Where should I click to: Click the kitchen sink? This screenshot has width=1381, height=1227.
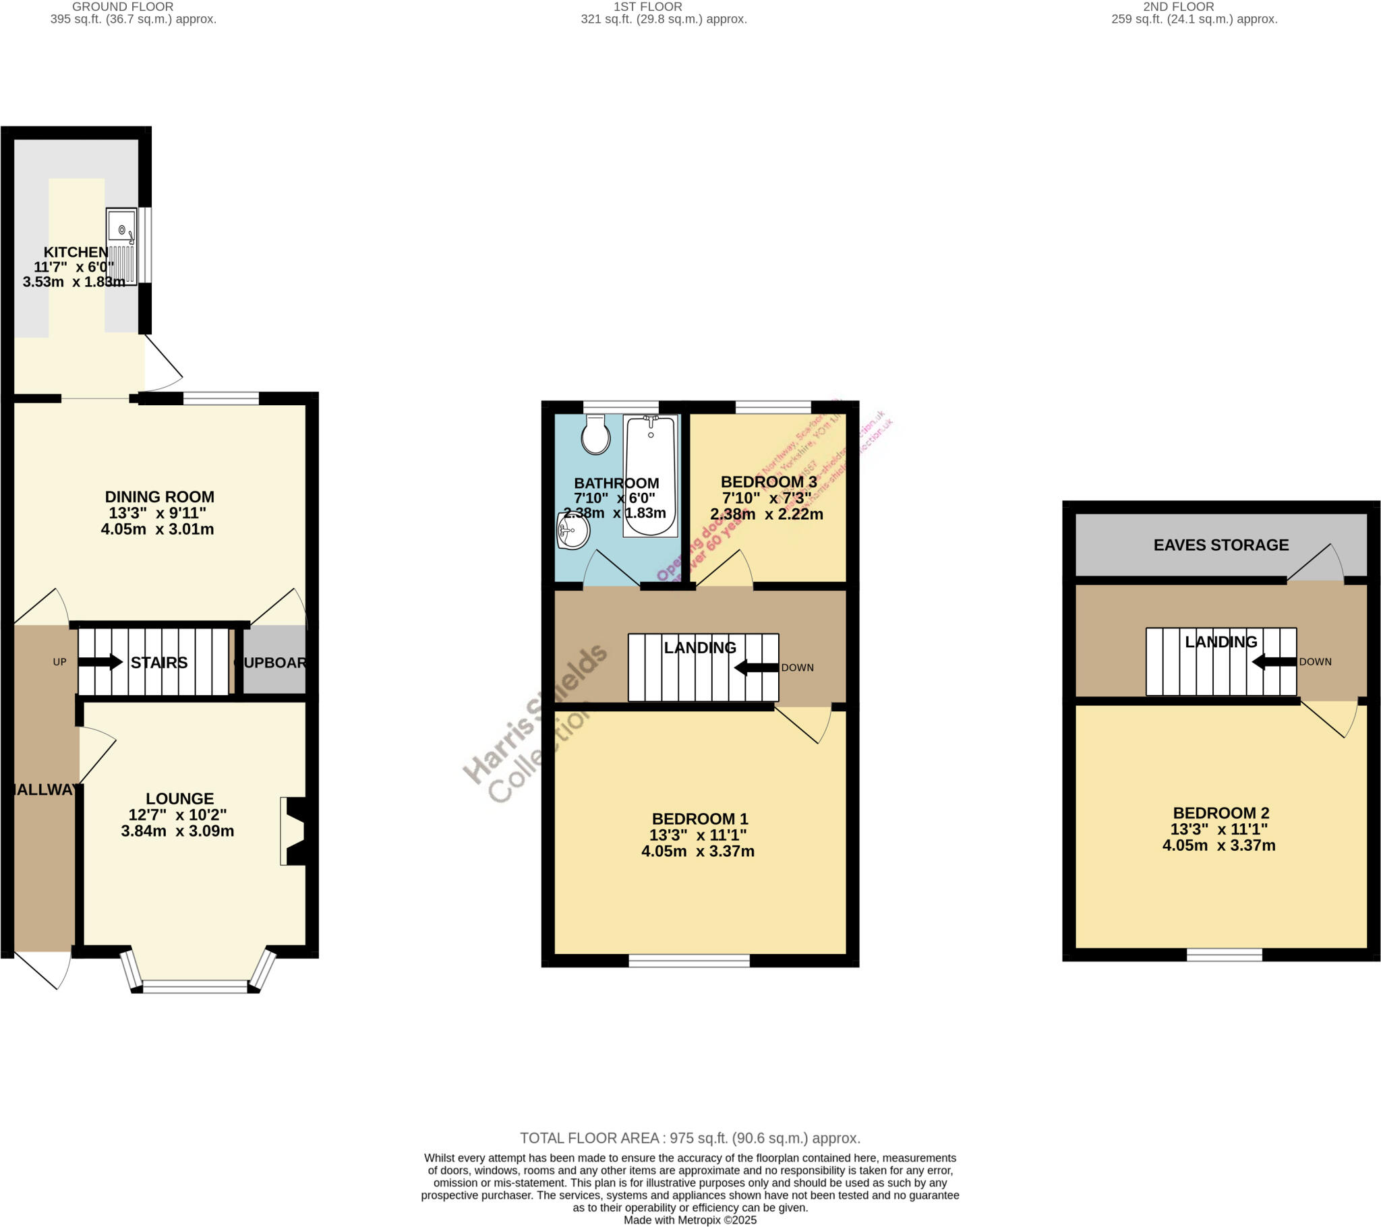(x=121, y=246)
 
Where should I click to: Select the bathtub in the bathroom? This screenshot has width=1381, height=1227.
(x=650, y=476)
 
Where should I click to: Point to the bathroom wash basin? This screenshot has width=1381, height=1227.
(x=573, y=531)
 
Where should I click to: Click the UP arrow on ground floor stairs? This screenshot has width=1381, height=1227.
(x=100, y=662)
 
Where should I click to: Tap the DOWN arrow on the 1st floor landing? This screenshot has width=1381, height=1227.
(x=756, y=667)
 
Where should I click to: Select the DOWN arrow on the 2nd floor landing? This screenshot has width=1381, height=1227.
(x=1274, y=662)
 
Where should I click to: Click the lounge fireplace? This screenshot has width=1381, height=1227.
(x=296, y=831)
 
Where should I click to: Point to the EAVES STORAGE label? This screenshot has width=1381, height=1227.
(x=1221, y=545)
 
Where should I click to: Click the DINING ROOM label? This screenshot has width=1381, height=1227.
(x=159, y=497)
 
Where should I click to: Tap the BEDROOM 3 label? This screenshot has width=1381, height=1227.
(x=768, y=482)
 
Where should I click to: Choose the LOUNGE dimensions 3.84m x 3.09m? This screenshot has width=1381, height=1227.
(x=178, y=831)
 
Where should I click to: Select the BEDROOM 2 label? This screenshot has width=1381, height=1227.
(x=1221, y=813)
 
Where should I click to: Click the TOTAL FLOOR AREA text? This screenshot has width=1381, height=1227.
(x=690, y=1138)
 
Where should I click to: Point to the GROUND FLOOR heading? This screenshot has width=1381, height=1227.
(x=123, y=7)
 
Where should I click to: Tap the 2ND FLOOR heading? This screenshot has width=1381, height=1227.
(x=1178, y=7)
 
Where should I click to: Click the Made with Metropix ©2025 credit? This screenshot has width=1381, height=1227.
(x=690, y=1220)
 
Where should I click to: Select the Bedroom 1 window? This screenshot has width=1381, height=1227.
(x=689, y=961)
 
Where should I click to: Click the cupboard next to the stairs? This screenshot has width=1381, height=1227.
(x=274, y=662)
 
